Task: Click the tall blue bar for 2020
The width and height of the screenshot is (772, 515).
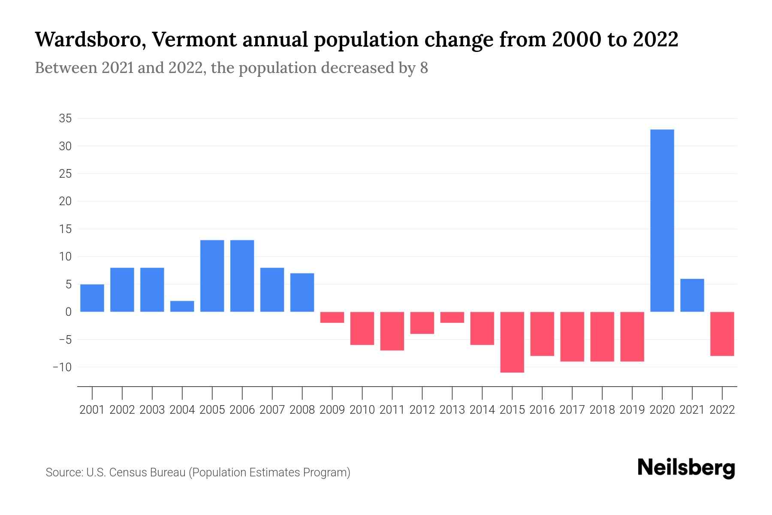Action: (x=662, y=221)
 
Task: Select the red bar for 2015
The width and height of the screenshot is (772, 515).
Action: (x=512, y=342)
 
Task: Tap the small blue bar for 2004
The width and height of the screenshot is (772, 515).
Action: (x=182, y=306)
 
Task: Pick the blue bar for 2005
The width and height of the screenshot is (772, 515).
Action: (x=212, y=276)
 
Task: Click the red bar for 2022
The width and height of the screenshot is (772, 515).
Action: (x=722, y=334)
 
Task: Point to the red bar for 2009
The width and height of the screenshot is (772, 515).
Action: (x=332, y=317)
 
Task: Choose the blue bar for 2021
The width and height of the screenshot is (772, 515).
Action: (x=692, y=295)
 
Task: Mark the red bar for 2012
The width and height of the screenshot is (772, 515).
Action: (x=422, y=323)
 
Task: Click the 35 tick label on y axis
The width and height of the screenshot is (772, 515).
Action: (x=65, y=118)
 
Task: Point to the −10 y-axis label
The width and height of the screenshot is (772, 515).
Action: (x=62, y=367)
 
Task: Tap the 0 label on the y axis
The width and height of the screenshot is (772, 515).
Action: (x=68, y=312)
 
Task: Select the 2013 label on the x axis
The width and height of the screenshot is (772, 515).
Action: (x=452, y=410)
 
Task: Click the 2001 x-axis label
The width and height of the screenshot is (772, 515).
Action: (x=92, y=410)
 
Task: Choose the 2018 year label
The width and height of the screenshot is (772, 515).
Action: (x=602, y=410)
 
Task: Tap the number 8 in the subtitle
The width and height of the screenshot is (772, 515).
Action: (x=424, y=68)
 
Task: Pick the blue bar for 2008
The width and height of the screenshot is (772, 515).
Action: (x=302, y=292)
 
